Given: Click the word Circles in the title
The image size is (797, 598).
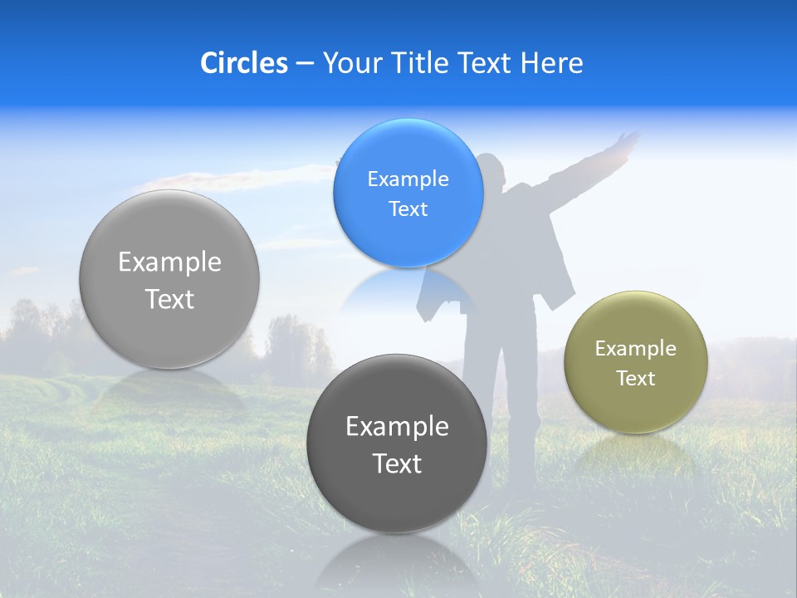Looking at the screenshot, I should point(244,63).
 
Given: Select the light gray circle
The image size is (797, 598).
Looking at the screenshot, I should point(169,332).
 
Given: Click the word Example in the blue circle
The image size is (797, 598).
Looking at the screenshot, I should point(408,179).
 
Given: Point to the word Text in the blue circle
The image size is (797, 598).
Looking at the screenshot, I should point(408,209).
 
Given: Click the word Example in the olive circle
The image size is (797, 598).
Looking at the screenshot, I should point(636,349).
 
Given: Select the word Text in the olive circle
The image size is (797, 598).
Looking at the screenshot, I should point(636,379).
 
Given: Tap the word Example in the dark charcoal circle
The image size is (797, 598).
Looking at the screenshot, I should point(397,427).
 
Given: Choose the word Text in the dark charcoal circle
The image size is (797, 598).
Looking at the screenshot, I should point(397,463).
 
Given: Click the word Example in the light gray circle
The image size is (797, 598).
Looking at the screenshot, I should point(169,262).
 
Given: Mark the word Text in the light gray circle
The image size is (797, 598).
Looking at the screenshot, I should point(169,299).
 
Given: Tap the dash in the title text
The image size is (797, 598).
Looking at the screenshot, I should point(304,64).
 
